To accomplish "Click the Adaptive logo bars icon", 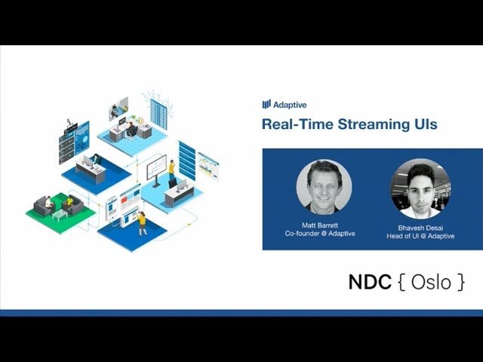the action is [266, 104].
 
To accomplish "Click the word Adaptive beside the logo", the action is [290, 105].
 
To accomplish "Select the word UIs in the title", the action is [424, 124].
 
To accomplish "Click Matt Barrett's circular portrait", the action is [324, 186].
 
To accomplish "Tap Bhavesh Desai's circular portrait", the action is [420, 189].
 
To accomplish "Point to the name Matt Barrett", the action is [320, 225].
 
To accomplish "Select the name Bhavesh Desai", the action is [420, 228].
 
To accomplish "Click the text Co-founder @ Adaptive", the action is [320, 233].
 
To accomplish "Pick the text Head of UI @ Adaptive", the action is [420, 236].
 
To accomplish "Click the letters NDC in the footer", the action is [370, 281].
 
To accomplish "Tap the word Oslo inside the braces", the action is [431, 282].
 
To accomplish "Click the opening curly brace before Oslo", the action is [401, 281].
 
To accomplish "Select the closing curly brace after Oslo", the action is [460, 281].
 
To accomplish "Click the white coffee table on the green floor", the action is [60, 214].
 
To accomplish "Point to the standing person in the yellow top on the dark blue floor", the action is [142, 223].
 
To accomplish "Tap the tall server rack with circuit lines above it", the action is [158, 114].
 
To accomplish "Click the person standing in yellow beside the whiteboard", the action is [171, 170].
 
